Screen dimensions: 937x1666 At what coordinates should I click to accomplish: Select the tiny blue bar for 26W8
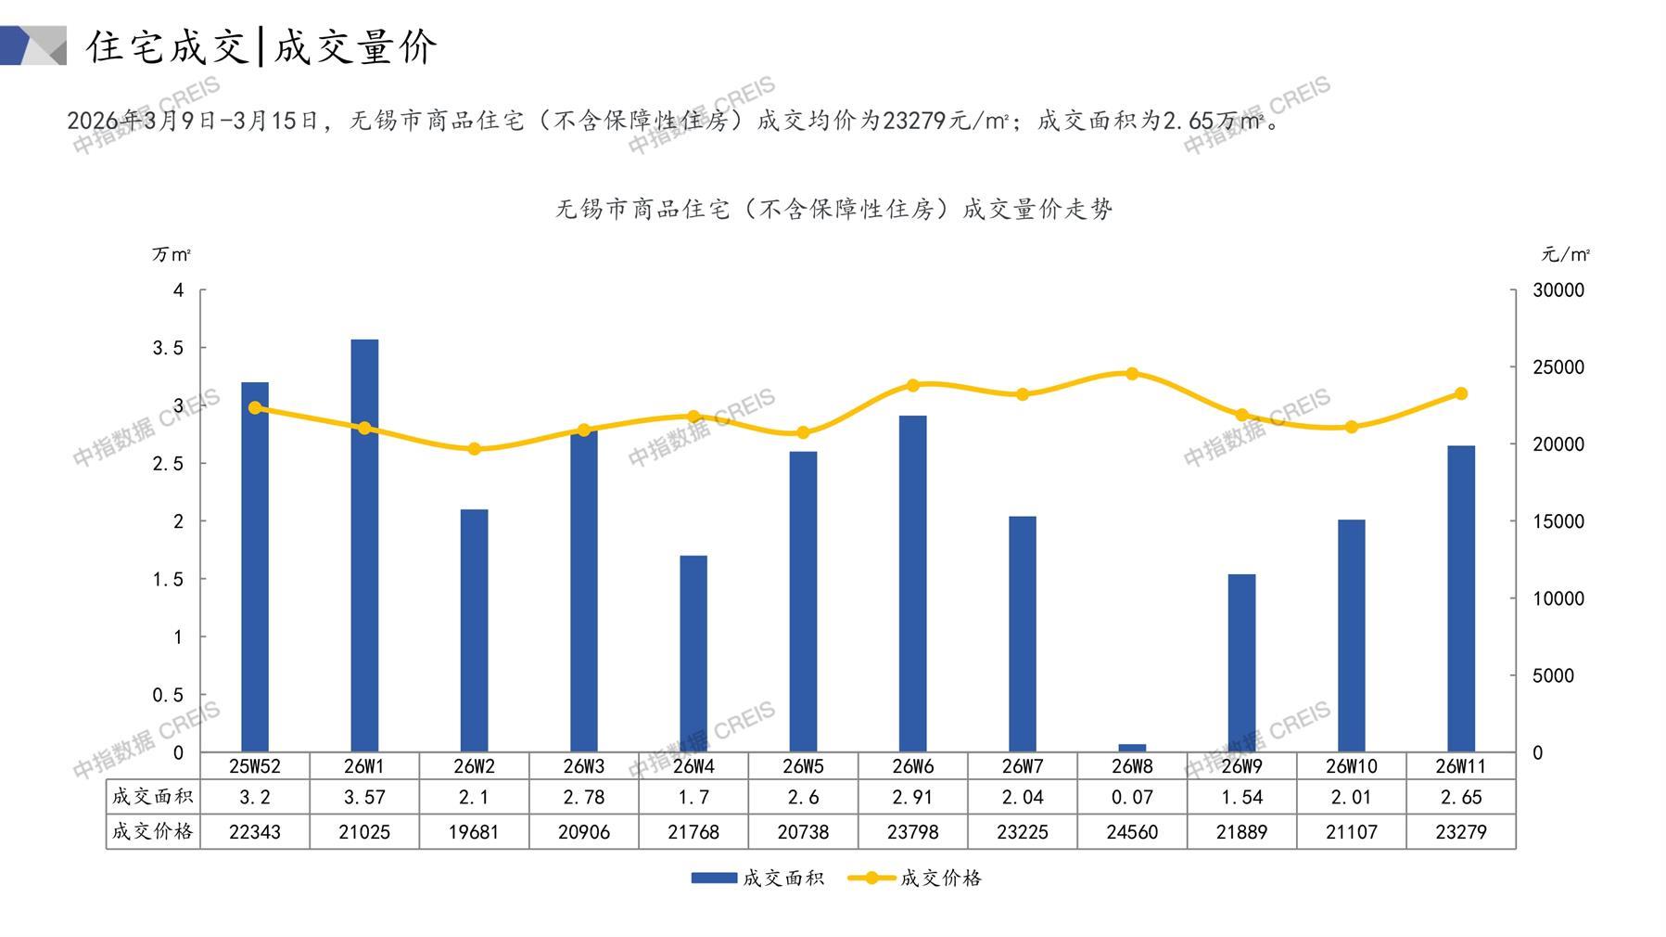pos(1132,748)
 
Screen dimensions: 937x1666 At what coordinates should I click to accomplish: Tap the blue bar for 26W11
pos(1460,598)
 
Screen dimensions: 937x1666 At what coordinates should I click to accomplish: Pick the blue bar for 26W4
pos(693,653)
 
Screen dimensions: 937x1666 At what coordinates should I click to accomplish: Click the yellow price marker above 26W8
pos(1132,374)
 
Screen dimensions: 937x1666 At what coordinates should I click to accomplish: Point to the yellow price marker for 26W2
pos(474,449)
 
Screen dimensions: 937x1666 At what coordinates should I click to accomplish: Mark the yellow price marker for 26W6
pos(913,385)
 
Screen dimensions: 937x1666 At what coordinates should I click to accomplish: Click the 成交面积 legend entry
pos(757,878)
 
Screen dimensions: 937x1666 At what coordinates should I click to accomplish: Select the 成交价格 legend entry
pos(915,878)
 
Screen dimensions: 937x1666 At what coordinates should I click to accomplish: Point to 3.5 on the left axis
pos(169,348)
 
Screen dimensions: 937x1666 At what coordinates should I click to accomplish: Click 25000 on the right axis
pos(1558,367)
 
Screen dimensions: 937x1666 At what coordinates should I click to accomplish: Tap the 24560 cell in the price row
pos(1132,832)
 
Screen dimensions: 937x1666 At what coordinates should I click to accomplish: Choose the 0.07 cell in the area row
pos(1132,797)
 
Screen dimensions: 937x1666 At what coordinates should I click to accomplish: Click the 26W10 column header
pos(1351,766)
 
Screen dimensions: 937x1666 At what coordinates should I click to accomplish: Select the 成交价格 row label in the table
pos(153,832)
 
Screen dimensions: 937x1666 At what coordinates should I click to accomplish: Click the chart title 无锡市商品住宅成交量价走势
pos(833,210)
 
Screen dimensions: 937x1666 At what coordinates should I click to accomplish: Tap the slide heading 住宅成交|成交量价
pos(261,46)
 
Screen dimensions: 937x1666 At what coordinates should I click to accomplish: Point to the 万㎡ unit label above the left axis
pos(172,254)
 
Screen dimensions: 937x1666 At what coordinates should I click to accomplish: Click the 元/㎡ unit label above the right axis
pos(1566,254)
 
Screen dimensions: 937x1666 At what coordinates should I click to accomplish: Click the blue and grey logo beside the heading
pos(33,45)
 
